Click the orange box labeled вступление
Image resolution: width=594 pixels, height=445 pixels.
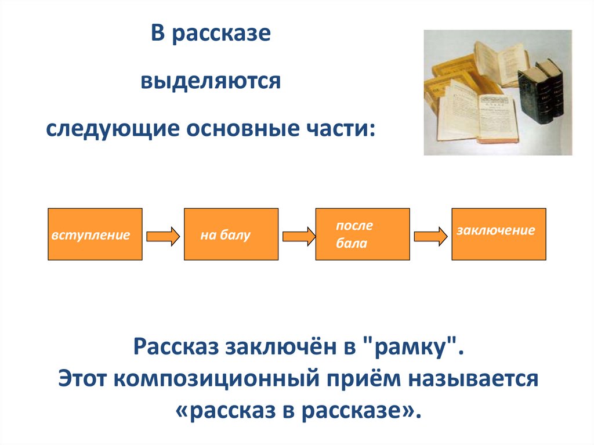coord(95,234)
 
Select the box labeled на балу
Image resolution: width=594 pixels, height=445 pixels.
coord(231,234)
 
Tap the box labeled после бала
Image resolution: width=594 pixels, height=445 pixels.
coord(362,234)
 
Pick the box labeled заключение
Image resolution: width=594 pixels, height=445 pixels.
coord(498,234)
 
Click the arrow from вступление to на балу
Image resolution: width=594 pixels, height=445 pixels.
coord(163,236)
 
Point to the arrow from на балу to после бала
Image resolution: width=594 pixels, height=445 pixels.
coord(299,236)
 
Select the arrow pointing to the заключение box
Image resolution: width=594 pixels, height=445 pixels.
coord(431,236)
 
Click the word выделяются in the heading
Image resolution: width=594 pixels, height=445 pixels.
coord(210,81)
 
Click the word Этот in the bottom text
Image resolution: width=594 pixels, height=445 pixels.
coord(82,379)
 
